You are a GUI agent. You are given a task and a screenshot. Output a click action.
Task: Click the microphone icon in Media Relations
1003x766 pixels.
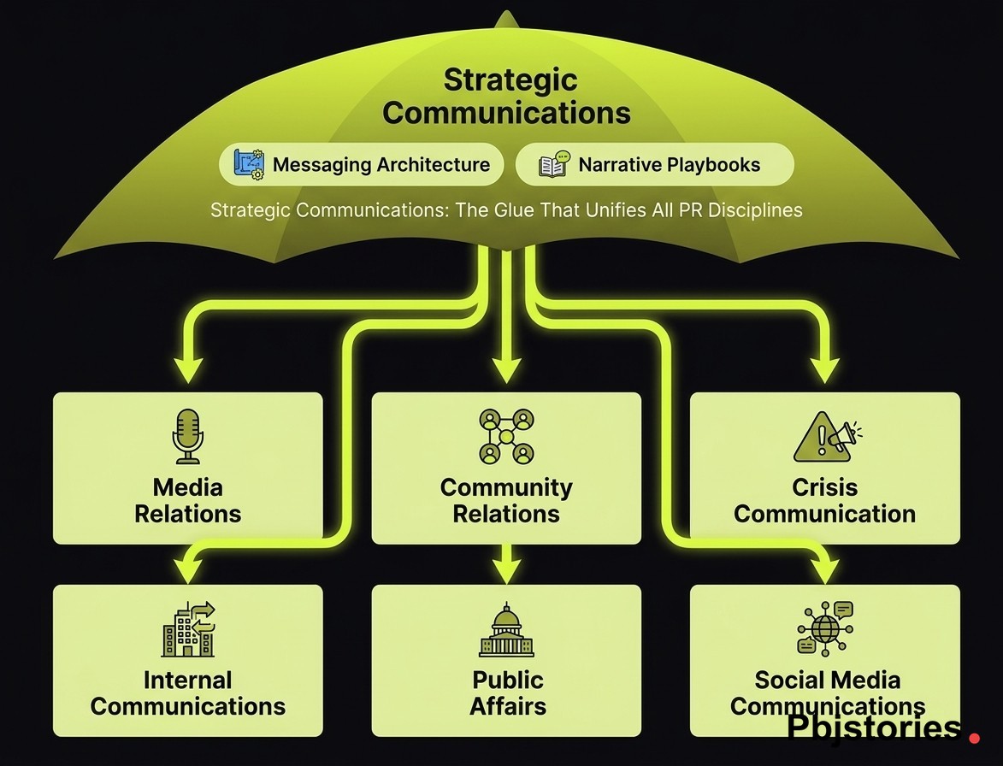(x=187, y=436)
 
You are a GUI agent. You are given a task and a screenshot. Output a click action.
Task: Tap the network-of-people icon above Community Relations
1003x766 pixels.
(x=506, y=436)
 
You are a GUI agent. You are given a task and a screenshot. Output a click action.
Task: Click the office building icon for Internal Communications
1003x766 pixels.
(x=188, y=629)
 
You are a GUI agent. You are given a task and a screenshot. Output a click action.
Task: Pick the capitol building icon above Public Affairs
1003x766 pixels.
(x=506, y=631)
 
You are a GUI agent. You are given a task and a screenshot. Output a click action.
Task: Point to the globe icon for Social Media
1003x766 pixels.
(x=825, y=629)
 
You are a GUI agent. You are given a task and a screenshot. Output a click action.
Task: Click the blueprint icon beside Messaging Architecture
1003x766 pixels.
(x=250, y=164)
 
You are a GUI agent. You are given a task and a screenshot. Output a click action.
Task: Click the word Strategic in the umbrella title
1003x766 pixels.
(x=510, y=81)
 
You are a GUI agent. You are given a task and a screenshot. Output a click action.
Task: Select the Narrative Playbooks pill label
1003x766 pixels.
(x=669, y=165)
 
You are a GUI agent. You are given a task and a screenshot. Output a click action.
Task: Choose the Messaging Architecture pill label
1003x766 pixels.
(x=381, y=165)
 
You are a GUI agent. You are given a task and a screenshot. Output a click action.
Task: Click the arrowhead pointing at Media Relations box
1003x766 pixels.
(x=188, y=369)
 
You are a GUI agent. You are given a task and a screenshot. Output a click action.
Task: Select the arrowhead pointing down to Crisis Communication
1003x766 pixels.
(x=825, y=369)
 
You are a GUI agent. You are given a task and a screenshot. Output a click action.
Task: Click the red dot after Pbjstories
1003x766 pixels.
(x=976, y=734)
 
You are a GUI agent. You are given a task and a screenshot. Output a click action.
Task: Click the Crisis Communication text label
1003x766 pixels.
(x=824, y=500)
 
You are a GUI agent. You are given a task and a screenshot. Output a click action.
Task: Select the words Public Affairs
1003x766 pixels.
(x=507, y=692)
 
